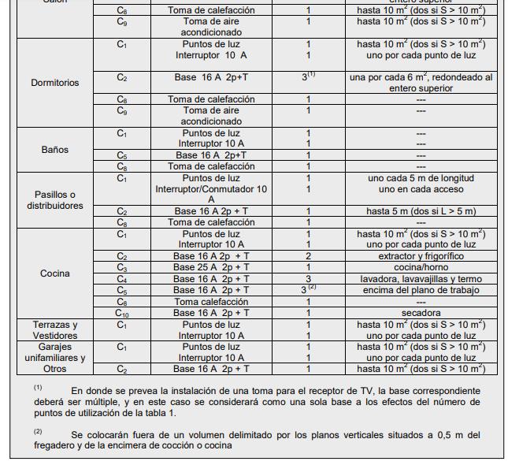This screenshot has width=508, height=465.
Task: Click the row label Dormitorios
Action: pyautogui.click(x=54, y=83)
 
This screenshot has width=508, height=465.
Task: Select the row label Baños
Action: pyautogui.click(x=54, y=150)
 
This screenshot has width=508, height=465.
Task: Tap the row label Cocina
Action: pyautogui.click(x=54, y=273)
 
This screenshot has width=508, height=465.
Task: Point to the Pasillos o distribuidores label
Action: pyautogui.click(x=54, y=200)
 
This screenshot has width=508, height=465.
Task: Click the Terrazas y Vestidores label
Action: pyautogui.click(x=54, y=330)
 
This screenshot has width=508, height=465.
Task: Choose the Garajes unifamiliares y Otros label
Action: pyautogui.click(x=54, y=358)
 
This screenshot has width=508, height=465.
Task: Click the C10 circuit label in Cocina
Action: pyautogui.click(x=122, y=314)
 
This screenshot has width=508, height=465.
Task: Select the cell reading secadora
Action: pyautogui.click(x=421, y=313)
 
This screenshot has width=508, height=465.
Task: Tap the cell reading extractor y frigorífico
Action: pyautogui.click(x=421, y=257)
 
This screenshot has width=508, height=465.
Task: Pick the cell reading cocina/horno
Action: pyautogui.click(x=421, y=268)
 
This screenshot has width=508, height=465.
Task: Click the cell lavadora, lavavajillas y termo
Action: pyautogui.click(x=421, y=279)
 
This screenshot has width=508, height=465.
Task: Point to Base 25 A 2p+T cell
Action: pyautogui.click(x=210, y=268)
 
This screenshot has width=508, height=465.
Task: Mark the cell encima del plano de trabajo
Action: pyautogui.click(x=421, y=291)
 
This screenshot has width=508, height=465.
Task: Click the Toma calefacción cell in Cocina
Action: pyautogui.click(x=210, y=302)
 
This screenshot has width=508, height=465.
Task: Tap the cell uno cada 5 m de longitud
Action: pyautogui.click(x=421, y=178)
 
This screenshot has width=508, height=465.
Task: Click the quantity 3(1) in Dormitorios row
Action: pyautogui.click(x=308, y=78)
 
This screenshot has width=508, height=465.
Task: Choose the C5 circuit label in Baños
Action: pyautogui.click(x=122, y=155)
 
